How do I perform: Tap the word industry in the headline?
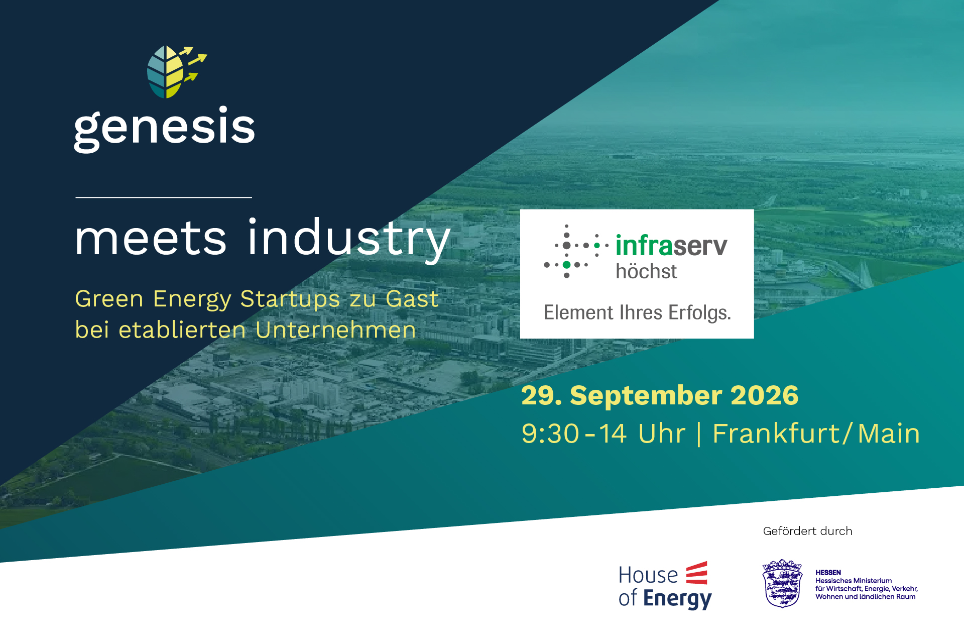click(349, 240)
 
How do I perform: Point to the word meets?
click(151, 239)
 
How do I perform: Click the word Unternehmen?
click(335, 330)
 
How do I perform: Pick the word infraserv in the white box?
click(671, 246)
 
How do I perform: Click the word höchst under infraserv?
click(646, 271)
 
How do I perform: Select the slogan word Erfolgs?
click(699, 312)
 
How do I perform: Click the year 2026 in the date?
click(764, 395)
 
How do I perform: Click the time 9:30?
click(550, 434)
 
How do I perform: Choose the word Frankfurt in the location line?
click(776, 434)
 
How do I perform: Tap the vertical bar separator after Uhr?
click(699, 434)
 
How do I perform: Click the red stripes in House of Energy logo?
click(697, 573)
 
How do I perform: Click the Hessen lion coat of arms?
click(782, 583)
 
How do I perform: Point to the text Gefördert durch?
click(807, 531)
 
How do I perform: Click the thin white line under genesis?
click(164, 197)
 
